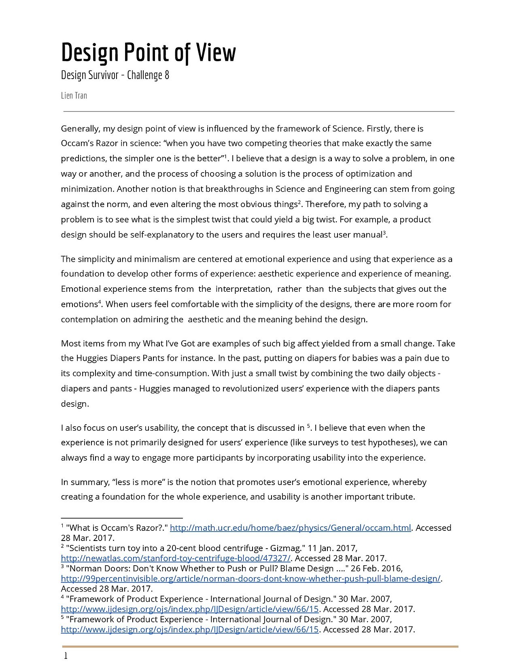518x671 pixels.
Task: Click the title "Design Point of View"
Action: pos(148,53)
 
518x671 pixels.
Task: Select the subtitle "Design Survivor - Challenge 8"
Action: pos(115,75)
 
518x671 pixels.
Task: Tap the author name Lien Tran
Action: pos(74,96)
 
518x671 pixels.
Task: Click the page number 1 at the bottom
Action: pos(66,656)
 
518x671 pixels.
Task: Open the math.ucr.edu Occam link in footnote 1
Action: pos(290,528)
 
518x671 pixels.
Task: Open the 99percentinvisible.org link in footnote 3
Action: pos(251,578)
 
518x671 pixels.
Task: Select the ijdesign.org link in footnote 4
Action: pos(190,609)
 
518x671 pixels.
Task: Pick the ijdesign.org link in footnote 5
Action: pos(190,629)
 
